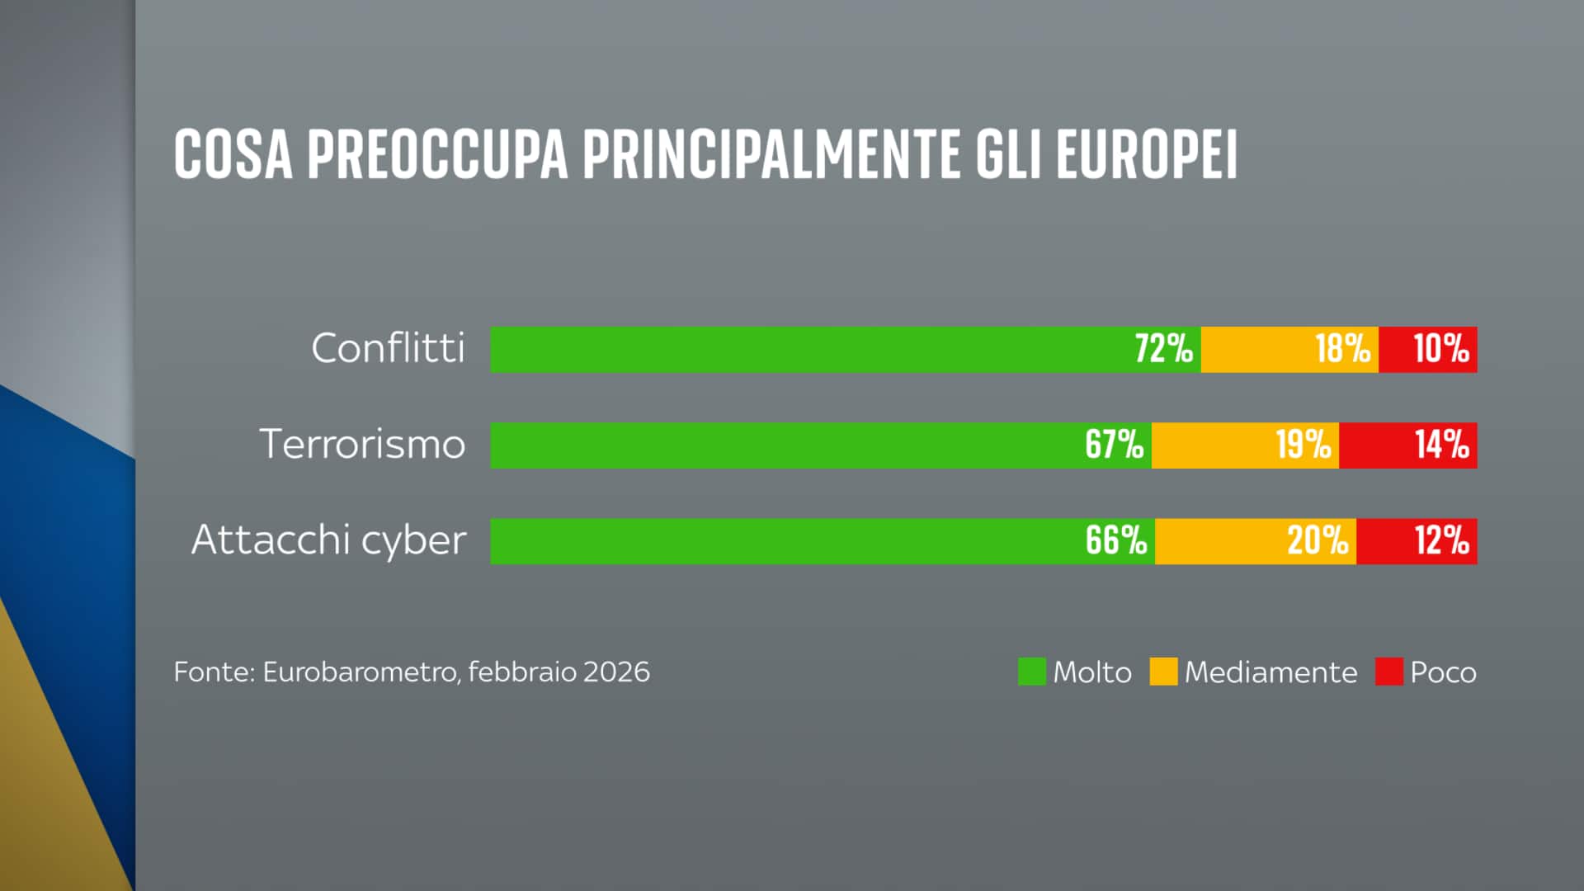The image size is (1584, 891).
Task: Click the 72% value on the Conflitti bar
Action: (1163, 349)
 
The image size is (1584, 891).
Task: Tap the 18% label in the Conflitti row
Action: (1342, 349)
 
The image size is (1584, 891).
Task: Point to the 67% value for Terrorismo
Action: (1114, 445)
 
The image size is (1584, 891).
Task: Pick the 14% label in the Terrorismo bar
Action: (1441, 445)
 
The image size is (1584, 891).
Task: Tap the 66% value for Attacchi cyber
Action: (1115, 540)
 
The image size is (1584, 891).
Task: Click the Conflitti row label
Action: (388, 348)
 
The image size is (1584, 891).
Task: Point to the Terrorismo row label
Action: (362, 444)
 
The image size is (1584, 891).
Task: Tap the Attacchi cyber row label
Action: (328, 540)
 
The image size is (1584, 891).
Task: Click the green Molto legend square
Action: (1031, 672)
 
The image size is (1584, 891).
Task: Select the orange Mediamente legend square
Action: (1163, 672)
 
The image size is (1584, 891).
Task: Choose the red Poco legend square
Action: (1388, 672)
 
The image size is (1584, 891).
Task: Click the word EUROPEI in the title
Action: (1146, 154)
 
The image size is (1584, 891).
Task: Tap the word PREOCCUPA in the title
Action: (437, 154)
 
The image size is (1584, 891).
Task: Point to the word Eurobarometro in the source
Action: (360, 672)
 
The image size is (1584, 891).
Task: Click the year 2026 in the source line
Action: (615, 672)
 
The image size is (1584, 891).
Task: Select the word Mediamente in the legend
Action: (1270, 672)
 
